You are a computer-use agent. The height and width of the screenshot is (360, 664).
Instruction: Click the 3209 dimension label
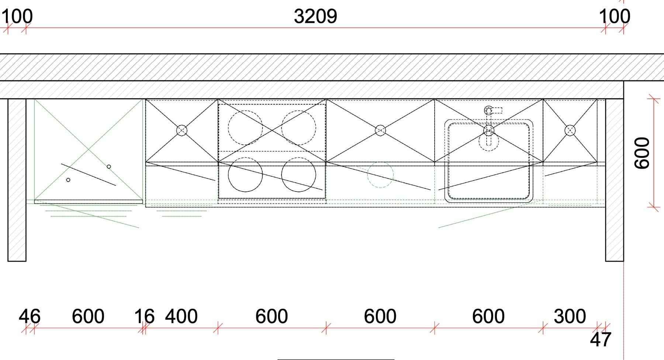coord(315,17)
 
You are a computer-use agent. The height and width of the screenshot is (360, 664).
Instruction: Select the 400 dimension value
coord(181,316)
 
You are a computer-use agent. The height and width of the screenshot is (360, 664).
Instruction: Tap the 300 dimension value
coord(570,316)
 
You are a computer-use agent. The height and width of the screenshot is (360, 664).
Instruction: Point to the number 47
coord(601,339)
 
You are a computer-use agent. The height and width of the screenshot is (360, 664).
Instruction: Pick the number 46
coord(30,316)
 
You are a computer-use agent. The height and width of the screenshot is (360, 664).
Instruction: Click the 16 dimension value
coord(144,316)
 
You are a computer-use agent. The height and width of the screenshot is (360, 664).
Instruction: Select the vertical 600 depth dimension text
coord(642,153)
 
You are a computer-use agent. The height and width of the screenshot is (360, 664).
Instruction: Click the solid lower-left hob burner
coord(245,175)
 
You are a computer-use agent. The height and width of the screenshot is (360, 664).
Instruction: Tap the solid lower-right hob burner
coord(298,175)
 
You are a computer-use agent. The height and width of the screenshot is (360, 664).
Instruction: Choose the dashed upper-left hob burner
coord(245,128)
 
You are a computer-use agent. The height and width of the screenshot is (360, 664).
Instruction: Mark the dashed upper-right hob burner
coord(298,128)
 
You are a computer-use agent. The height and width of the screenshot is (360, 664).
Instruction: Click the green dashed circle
coord(380,175)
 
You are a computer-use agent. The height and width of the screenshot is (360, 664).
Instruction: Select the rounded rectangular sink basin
coord(489,161)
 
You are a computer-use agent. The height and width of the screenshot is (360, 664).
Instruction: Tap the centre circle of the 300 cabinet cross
coord(570,130)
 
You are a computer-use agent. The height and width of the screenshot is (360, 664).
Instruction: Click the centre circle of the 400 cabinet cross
coord(182,130)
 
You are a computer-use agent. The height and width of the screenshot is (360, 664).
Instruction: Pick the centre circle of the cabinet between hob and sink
coord(380,130)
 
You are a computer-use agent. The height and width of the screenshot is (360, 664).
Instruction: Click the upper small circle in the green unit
coord(109,167)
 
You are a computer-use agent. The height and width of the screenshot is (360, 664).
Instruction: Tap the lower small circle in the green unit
coord(68,180)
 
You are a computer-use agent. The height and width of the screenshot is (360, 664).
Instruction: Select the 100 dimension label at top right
coord(615,17)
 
